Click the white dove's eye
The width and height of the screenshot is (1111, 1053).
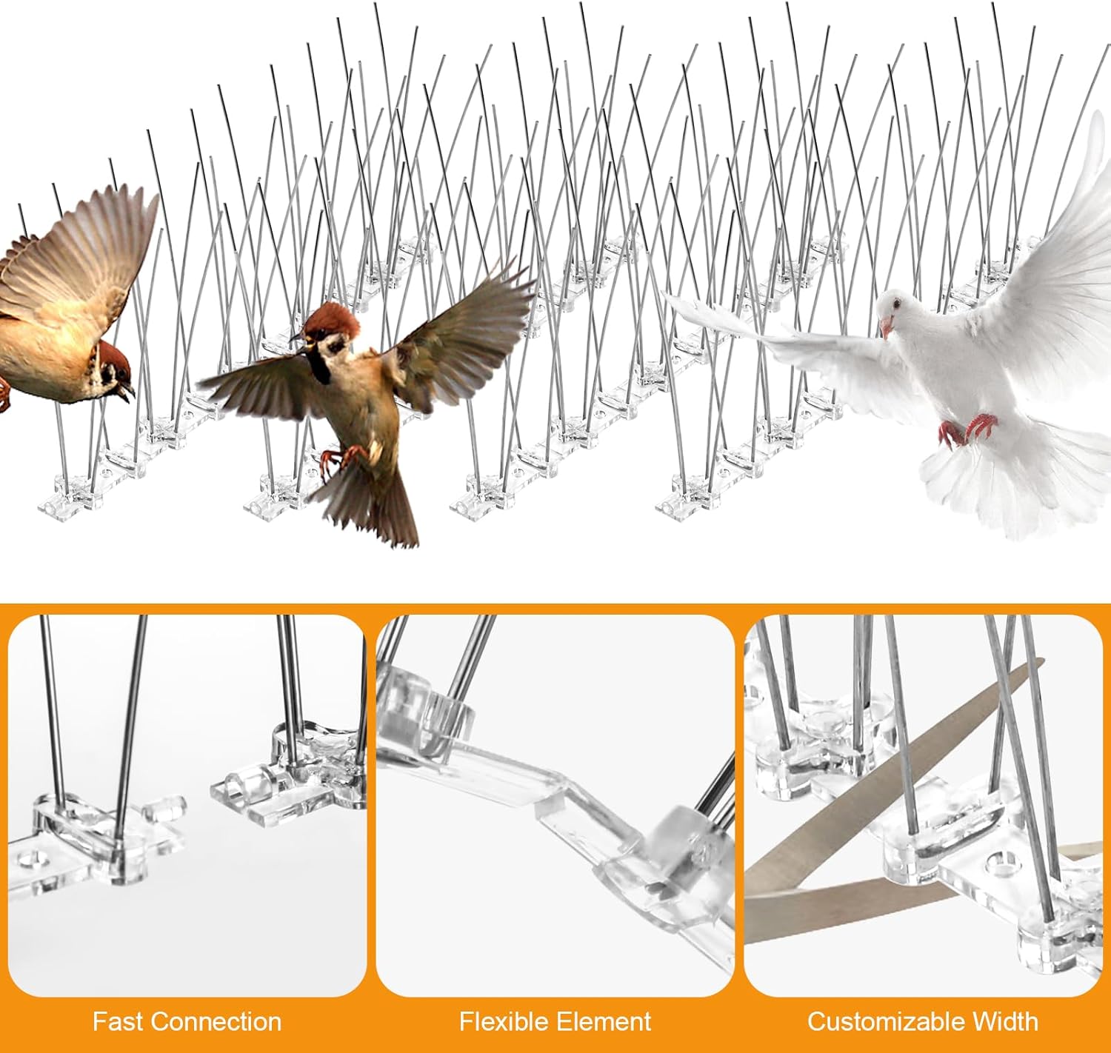point(896,305)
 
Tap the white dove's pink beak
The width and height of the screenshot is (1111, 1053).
point(885,328)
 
